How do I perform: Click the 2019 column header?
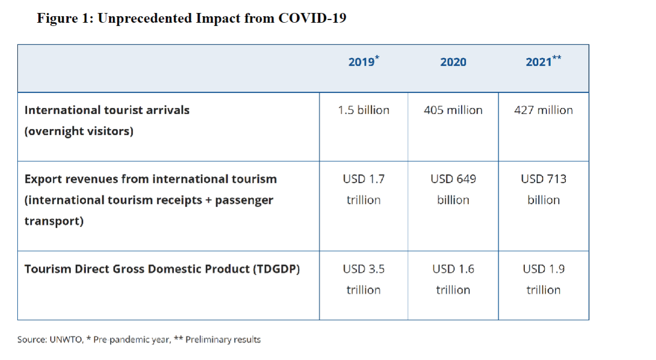click(x=363, y=62)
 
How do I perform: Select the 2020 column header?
click(x=453, y=62)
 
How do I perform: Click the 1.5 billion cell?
click(x=364, y=110)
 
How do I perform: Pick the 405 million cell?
click(x=453, y=110)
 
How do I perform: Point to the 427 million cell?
click(x=543, y=110)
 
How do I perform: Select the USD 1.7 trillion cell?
click(x=364, y=189)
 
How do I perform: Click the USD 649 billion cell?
click(x=453, y=189)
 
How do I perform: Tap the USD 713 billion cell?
click(x=543, y=189)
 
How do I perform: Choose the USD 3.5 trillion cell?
click(x=364, y=279)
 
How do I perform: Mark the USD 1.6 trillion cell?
click(x=453, y=279)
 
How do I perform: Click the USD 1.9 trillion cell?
click(x=543, y=279)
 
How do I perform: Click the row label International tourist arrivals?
click(x=107, y=110)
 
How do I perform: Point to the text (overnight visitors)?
click(x=79, y=131)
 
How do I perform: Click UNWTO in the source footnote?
click(x=68, y=339)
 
